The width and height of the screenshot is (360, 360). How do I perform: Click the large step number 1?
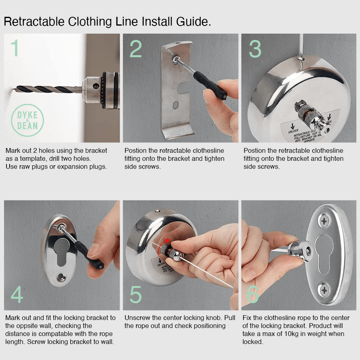pyautogui.click(x=15, y=48)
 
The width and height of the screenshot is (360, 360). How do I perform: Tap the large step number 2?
pyautogui.click(x=136, y=49)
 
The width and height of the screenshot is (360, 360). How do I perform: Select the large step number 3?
pyautogui.click(x=255, y=49)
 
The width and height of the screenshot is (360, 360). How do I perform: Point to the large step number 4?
pyautogui.click(x=17, y=294)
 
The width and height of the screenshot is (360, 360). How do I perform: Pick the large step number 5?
pyautogui.click(x=136, y=294)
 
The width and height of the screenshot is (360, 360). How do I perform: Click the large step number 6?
pyautogui.click(x=252, y=294)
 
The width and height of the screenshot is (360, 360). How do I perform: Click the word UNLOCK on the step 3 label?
pyautogui.click(x=293, y=130)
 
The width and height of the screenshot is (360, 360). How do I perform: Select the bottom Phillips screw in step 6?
pyautogui.click(x=324, y=289)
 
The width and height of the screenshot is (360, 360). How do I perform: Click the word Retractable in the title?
pyautogui.click(x=34, y=22)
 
